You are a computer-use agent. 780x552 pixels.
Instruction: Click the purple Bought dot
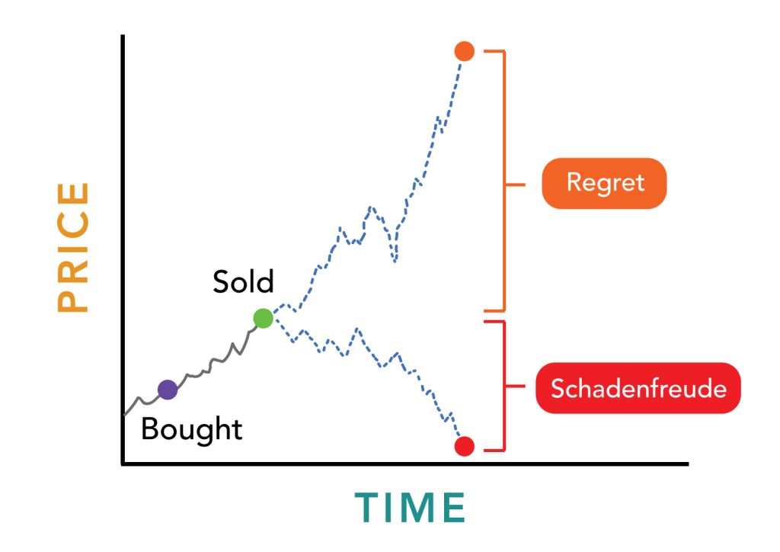point(168,390)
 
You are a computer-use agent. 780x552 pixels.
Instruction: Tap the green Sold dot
point(263,318)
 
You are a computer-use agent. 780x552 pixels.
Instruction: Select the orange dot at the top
point(465,51)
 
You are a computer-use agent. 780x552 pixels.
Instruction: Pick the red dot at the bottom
point(465,446)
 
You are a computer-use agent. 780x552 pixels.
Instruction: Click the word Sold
point(243,282)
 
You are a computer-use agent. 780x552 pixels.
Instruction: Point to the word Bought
point(192,429)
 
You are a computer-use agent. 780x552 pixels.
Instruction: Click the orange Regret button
point(604,183)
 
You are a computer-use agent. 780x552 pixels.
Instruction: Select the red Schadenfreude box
point(638,388)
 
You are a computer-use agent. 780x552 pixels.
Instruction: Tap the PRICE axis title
point(72,247)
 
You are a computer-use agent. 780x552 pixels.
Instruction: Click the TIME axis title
point(411,508)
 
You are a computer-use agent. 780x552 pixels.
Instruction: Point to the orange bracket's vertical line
point(504,181)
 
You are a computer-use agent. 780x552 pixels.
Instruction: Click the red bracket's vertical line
point(504,387)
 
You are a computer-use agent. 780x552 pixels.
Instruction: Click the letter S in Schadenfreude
point(558,388)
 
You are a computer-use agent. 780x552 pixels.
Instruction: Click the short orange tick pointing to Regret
point(516,185)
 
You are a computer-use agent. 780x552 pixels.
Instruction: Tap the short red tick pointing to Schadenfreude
point(516,387)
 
